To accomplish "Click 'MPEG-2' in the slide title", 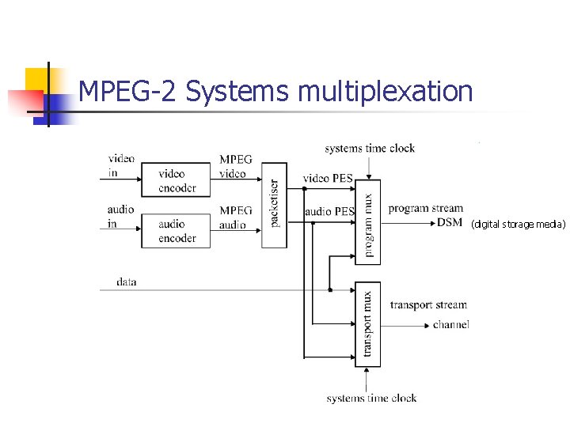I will (x=130, y=92).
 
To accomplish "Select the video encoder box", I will (x=176, y=180).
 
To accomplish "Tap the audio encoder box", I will (x=176, y=231).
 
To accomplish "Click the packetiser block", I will (x=275, y=204).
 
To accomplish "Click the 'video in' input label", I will (x=121, y=165).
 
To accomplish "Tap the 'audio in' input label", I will (x=121, y=217).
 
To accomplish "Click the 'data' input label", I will (x=126, y=282).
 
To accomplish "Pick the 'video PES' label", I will (x=328, y=178).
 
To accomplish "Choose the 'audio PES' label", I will (x=329, y=211).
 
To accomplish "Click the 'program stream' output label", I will (x=426, y=209).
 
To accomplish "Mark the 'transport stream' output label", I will (x=428, y=305).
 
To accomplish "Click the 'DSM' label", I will (x=450, y=222).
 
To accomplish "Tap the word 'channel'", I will (x=451, y=324).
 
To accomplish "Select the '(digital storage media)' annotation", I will (x=519, y=225).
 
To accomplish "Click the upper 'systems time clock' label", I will (x=370, y=148).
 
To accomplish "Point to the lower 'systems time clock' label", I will (x=371, y=398).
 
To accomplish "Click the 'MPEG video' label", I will (x=236, y=166).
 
